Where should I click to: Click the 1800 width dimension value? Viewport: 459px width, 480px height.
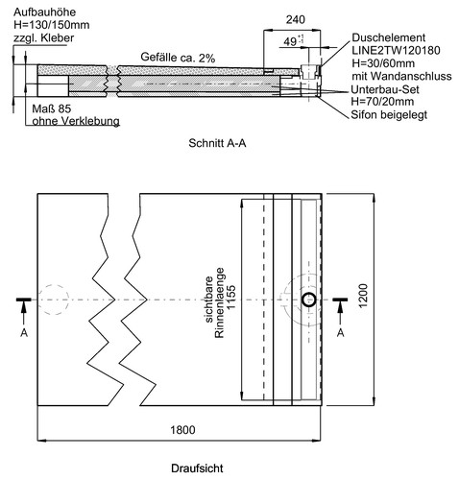[x=182, y=430]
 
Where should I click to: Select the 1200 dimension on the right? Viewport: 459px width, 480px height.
[x=363, y=296]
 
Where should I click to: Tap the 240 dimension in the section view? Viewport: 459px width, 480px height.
[x=296, y=20]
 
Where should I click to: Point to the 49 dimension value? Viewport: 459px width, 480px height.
[x=290, y=41]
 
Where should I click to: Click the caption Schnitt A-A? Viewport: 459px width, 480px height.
[x=217, y=143]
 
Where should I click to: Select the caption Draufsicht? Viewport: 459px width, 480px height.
[x=197, y=468]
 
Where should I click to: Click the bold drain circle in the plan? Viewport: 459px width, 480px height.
[x=309, y=300]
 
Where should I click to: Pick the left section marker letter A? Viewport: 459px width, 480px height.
[x=24, y=333]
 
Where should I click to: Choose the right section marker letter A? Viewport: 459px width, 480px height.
[x=341, y=333]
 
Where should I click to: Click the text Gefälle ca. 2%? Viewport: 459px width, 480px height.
[x=178, y=58]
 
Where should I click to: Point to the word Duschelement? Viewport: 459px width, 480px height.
[x=389, y=37]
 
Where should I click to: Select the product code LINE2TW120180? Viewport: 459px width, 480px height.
[x=396, y=50]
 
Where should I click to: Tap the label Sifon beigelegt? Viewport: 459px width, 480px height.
[x=389, y=114]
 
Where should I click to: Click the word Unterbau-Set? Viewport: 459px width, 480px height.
[x=385, y=89]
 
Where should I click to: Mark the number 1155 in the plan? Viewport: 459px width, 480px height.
[x=230, y=298]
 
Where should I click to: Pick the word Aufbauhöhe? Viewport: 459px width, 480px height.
[x=44, y=12]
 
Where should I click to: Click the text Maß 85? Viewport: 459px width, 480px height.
[x=51, y=108]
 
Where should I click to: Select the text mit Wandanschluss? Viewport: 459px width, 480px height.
[x=401, y=76]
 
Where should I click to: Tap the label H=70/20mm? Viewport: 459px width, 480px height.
[x=382, y=102]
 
